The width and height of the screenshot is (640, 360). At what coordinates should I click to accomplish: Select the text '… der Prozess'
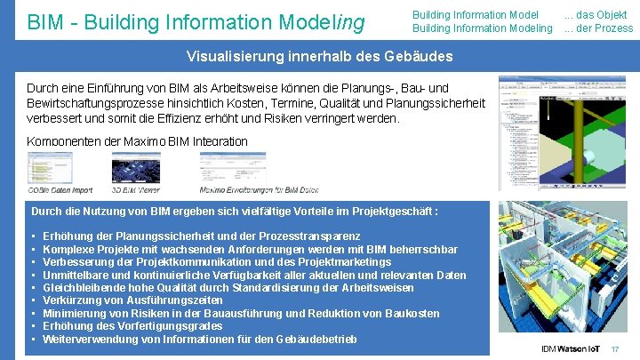tap(598, 28)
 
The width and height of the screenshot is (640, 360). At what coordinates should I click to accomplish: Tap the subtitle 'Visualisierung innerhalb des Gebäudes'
tap(319, 57)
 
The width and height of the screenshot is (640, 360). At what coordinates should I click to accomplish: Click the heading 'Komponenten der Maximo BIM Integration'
tap(137, 141)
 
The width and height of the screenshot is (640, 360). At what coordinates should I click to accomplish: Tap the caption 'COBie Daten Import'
tap(60, 189)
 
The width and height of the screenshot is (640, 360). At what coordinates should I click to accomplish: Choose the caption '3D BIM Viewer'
tap(136, 189)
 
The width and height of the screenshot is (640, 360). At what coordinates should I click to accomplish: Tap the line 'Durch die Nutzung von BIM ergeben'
tap(235, 212)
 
